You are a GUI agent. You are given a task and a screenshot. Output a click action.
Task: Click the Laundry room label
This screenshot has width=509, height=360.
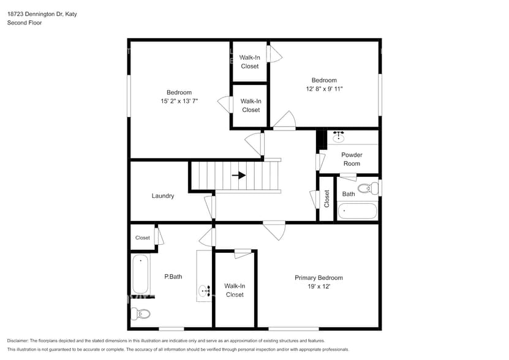163,196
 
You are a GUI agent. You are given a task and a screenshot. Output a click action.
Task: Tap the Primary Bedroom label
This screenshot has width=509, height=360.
319,277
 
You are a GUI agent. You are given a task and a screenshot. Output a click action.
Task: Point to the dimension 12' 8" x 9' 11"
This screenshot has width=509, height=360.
324,89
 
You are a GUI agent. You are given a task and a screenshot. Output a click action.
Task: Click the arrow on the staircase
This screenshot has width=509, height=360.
239,175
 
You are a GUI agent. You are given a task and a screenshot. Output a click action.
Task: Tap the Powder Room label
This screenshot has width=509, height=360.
352,159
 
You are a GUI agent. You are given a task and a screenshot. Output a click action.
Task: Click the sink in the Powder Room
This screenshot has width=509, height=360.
337,137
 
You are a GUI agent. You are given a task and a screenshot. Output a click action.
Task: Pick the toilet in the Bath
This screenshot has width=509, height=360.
369,188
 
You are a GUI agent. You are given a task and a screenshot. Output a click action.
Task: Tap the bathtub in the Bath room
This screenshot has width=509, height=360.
357,211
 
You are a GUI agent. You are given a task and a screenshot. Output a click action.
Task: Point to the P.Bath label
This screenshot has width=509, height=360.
173,277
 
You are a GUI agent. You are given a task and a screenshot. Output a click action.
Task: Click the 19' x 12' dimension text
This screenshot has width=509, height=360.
318,287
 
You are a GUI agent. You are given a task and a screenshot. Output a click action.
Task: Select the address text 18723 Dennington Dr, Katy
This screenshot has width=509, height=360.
42,13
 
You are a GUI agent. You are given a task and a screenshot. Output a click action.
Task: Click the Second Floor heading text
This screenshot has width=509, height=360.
25,23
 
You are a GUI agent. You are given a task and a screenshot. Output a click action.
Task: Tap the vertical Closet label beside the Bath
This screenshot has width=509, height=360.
326,198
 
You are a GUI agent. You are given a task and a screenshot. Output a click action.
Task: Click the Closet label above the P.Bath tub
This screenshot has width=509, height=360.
143,238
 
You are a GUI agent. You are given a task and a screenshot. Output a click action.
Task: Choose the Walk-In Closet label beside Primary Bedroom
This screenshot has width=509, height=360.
235,290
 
